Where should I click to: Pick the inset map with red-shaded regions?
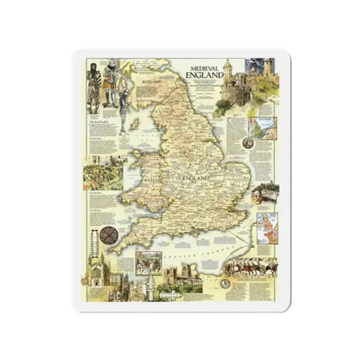[267, 223]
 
